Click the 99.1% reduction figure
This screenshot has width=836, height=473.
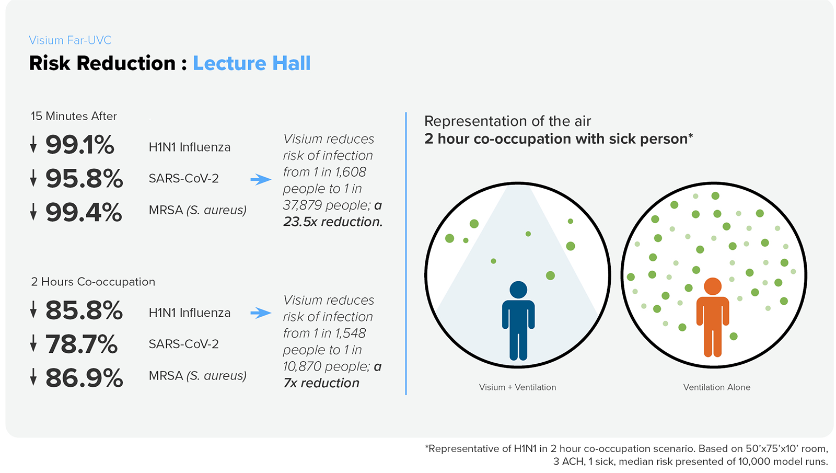click(79, 145)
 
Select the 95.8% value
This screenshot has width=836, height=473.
click(84, 179)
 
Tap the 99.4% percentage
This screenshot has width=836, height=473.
click(84, 213)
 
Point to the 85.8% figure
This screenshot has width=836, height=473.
click(84, 310)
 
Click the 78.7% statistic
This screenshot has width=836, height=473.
click(82, 344)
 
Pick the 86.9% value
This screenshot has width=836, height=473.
click(84, 378)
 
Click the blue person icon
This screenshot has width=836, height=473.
click(518, 320)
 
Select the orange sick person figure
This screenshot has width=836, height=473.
click(712, 317)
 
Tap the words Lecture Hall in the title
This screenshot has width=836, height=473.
click(251, 63)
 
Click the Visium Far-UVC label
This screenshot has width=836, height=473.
click(70, 40)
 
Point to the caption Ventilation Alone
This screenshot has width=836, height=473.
click(716, 387)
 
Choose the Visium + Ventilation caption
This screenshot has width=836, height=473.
click(517, 387)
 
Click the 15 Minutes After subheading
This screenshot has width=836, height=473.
click(74, 116)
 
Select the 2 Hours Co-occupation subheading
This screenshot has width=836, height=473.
click(93, 282)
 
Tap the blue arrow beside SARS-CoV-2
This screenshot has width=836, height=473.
click(261, 179)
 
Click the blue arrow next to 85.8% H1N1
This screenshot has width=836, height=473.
click(261, 313)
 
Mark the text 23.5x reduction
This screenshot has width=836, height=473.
click(333, 222)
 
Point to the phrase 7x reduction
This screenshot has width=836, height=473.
click(321, 383)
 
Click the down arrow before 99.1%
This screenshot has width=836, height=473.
click(33, 144)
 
